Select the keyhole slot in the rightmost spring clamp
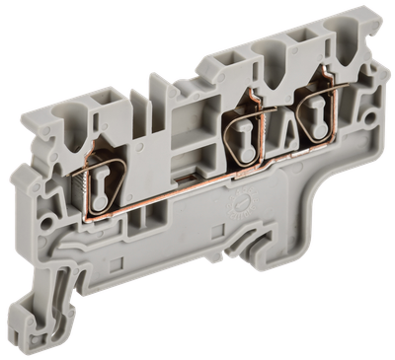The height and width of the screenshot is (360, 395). coord(317,105)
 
